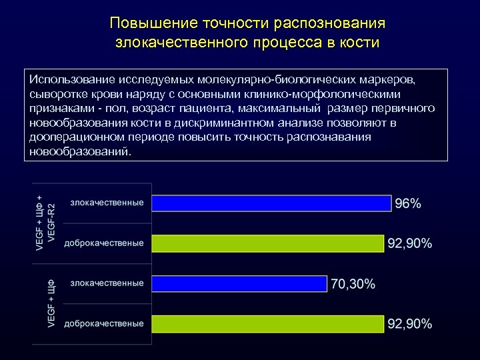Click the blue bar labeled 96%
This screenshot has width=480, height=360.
point(271,203)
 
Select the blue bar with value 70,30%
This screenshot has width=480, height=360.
point(239,283)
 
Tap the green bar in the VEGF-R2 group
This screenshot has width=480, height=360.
point(268,243)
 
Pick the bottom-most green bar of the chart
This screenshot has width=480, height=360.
point(268,324)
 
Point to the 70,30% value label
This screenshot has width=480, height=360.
point(353,284)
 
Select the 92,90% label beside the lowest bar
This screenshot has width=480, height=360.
point(410,324)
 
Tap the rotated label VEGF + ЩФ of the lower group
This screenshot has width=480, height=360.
point(51,304)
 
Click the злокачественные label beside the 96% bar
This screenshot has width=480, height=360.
point(107,202)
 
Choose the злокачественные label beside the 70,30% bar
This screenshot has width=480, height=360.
point(107,283)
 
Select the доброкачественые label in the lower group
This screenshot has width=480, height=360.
point(103,323)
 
